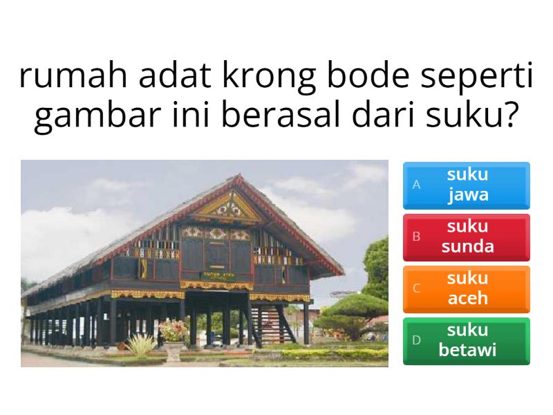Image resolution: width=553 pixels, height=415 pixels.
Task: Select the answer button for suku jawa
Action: pos(467,185)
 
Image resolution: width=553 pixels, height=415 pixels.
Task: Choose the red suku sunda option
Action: pos(467,237)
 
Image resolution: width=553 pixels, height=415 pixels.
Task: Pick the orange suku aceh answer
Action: pos(467,289)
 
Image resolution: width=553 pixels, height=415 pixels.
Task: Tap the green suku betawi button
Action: pos(467,341)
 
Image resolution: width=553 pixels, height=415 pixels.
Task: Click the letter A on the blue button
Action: pos(416,185)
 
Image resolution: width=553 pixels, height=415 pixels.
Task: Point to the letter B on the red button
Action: pos(416,237)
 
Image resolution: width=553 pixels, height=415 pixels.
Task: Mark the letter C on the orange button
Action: pos(416,289)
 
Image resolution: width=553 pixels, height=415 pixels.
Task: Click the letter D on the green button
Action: pos(416,341)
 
